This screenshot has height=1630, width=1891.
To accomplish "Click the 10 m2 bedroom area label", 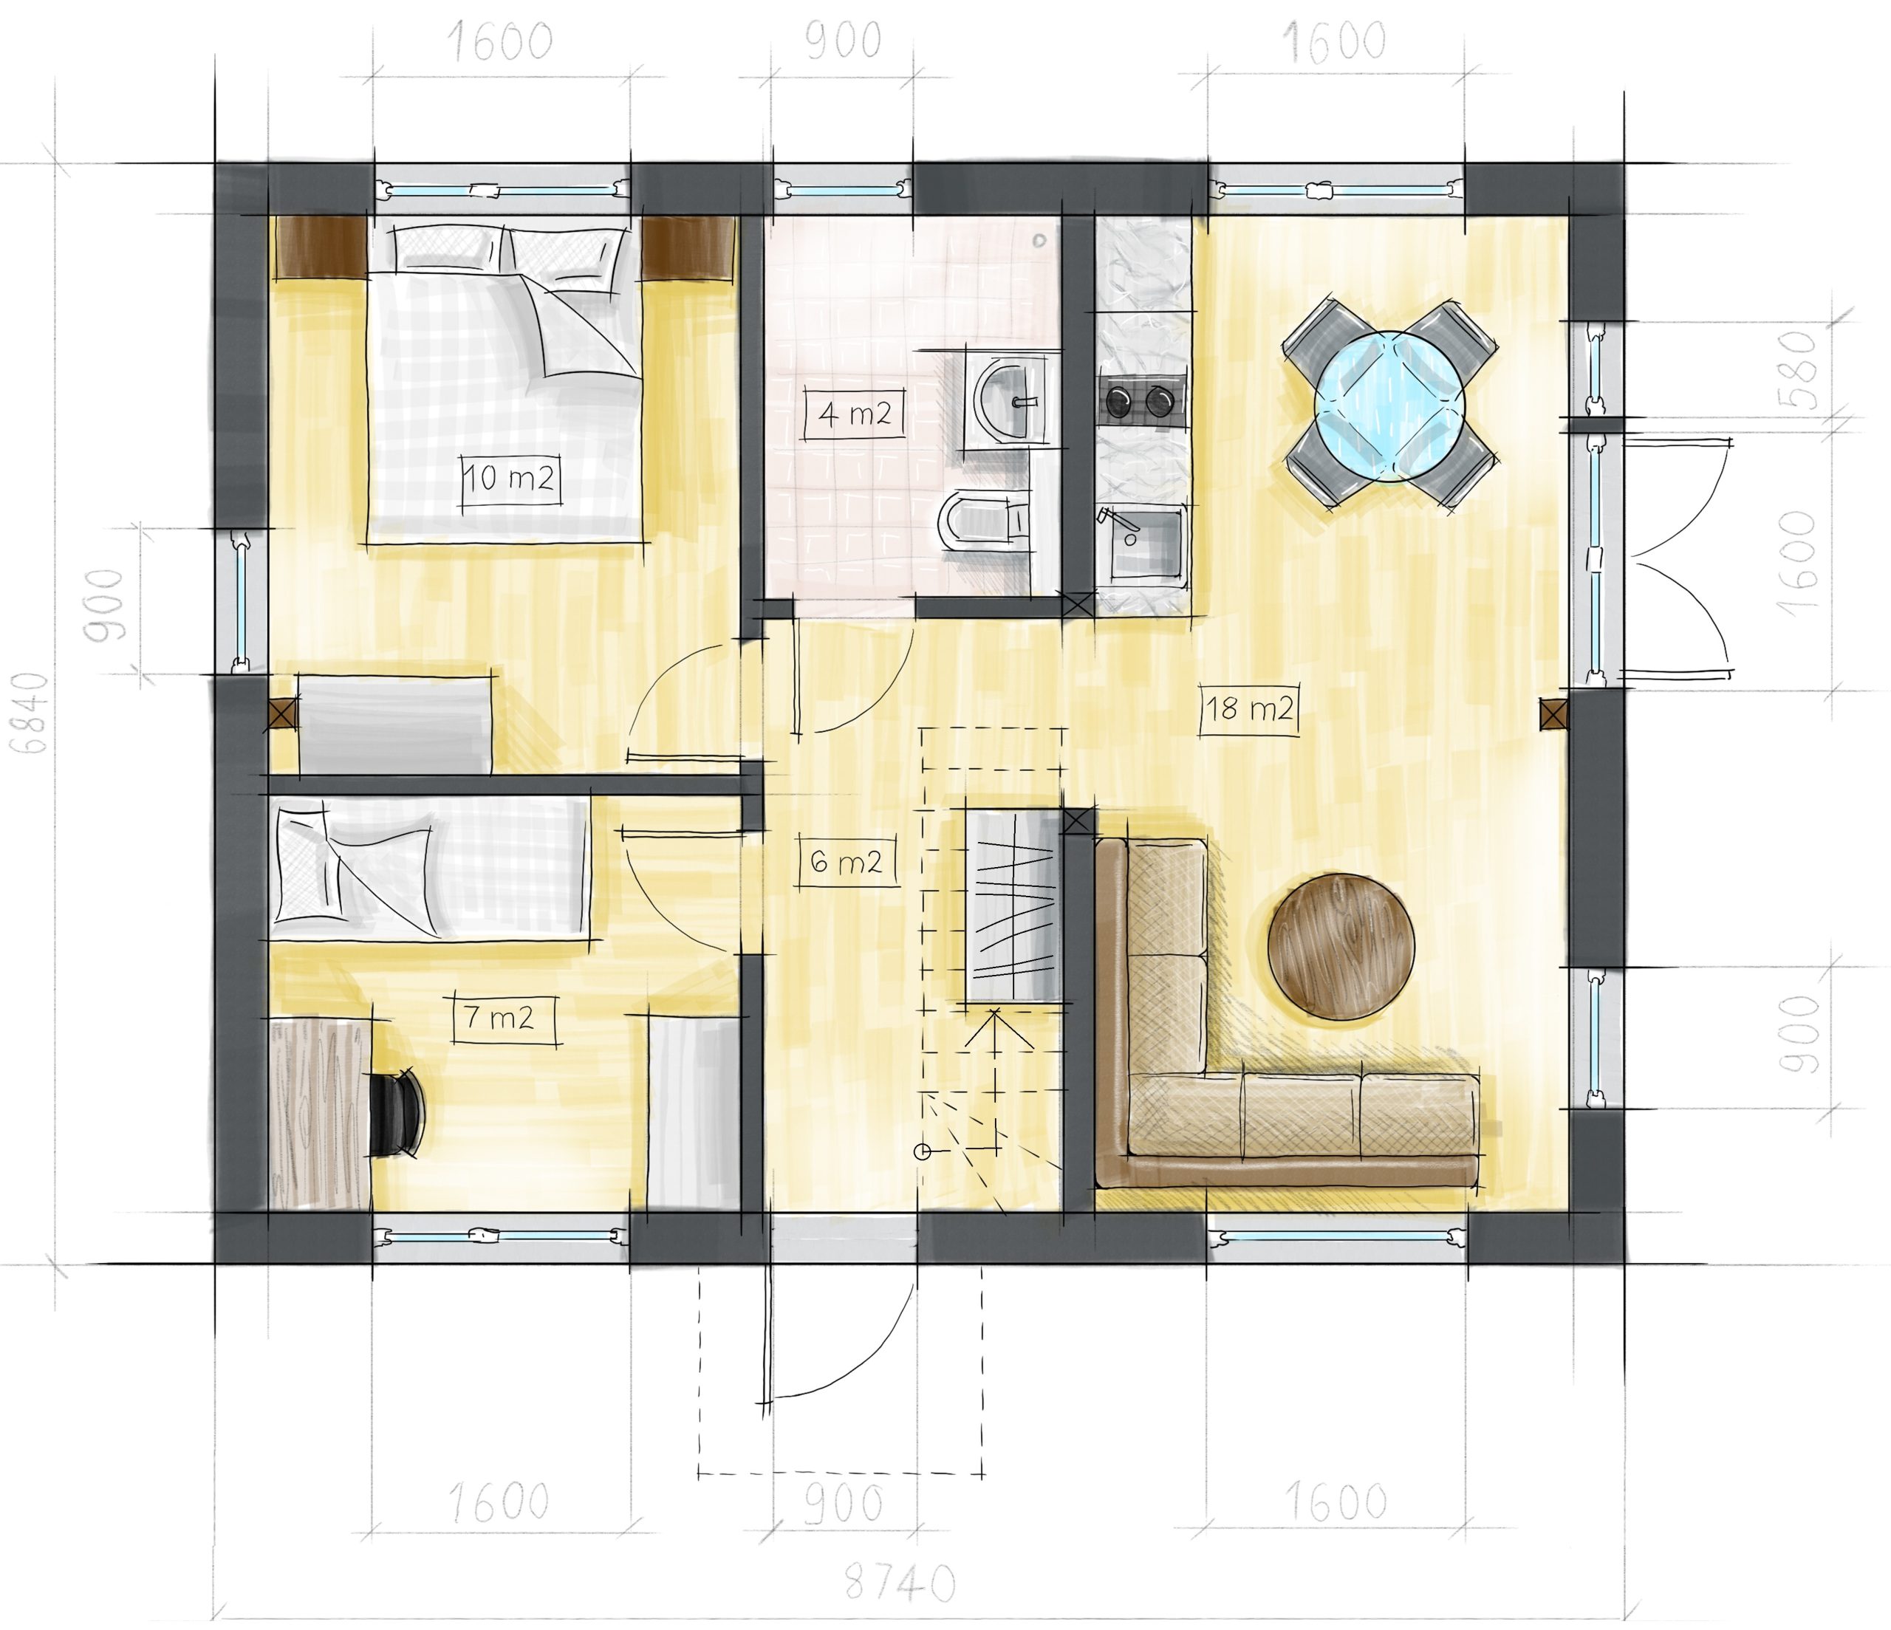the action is pos(509,479).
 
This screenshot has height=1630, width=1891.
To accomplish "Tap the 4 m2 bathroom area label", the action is pos(855,414).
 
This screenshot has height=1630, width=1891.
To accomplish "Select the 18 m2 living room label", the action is pos(1249,708).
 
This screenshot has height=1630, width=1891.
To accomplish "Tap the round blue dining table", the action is pos(1389,405).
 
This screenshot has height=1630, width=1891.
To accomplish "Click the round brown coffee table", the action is pos(1341,946).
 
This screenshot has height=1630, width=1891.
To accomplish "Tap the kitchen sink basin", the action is pos(1143,544).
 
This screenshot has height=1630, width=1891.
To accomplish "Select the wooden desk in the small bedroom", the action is pos(321,1114).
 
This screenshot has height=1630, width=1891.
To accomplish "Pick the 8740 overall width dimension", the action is pos(900,1583).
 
